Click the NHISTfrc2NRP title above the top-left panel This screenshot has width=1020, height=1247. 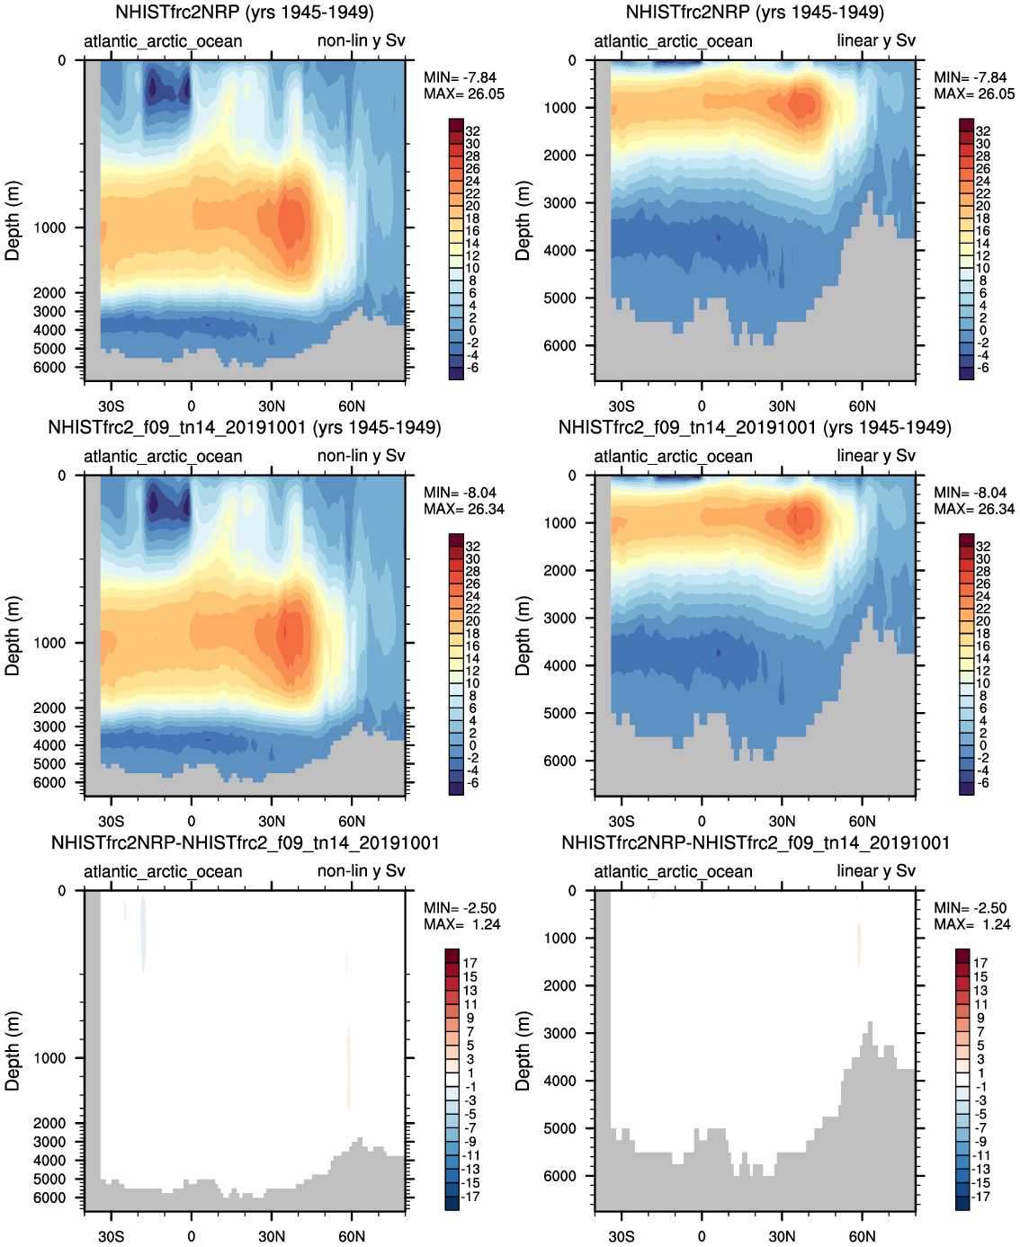coord(245,13)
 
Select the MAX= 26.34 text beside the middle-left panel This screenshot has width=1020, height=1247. coord(464,509)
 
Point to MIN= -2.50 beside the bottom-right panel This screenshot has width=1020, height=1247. coord(971,908)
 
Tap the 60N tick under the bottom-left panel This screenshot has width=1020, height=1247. coord(352,1236)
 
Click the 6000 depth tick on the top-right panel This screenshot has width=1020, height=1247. coord(559,345)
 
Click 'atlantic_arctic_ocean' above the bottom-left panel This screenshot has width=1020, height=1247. coord(163,871)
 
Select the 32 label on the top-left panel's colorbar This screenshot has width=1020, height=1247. coord(473,131)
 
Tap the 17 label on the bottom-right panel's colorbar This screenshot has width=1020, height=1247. coord(980,963)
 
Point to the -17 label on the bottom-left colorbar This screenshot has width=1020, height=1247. coord(470,1197)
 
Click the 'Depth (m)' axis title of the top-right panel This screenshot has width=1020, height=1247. coord(523,221)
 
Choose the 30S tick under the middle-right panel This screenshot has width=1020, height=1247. coord(621,821)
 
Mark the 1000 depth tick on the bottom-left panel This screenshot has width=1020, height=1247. coord(50,1058)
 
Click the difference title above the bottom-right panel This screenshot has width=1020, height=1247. coord(756,842)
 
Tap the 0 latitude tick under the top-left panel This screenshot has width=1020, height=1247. coord(191,405)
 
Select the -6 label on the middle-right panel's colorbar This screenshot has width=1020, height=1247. coord(982,783)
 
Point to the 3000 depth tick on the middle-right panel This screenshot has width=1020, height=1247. coord(559,618)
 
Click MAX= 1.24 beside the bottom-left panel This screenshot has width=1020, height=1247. coord(464,924)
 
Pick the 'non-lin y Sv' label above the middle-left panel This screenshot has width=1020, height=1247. coord(361,456)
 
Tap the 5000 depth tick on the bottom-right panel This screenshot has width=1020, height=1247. coord(559,1128)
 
